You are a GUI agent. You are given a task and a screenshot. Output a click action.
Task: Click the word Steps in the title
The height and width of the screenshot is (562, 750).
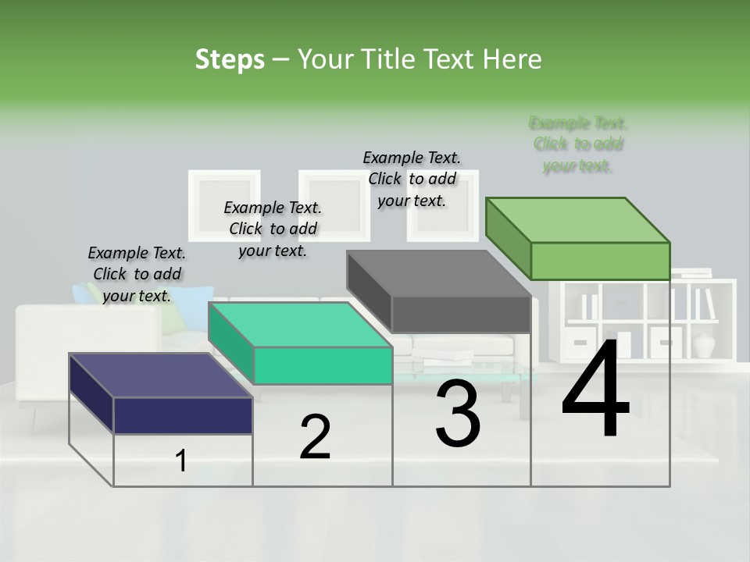pos(230,60)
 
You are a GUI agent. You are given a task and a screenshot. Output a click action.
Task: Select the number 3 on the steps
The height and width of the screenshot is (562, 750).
pos(458,414)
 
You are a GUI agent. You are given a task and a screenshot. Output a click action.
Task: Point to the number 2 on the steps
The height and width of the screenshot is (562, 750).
pos(315,437)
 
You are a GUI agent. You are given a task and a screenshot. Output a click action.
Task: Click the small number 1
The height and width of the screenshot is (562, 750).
pos(181,461)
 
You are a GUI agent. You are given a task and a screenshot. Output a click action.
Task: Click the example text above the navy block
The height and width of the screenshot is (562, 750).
pos(137,274)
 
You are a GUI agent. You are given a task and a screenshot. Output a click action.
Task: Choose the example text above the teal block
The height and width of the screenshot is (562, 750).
pos(273,229)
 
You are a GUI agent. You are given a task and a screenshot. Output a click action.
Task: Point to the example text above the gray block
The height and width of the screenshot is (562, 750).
pos(412,179)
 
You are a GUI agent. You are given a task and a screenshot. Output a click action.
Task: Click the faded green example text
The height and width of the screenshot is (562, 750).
pos(578,144)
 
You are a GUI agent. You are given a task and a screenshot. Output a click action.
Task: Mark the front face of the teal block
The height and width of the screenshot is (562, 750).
pos(323,365)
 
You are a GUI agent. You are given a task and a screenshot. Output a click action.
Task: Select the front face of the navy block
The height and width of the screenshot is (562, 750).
pos(183,415)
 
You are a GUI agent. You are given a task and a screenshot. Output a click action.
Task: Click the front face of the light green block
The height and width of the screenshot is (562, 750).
pos(600,261)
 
